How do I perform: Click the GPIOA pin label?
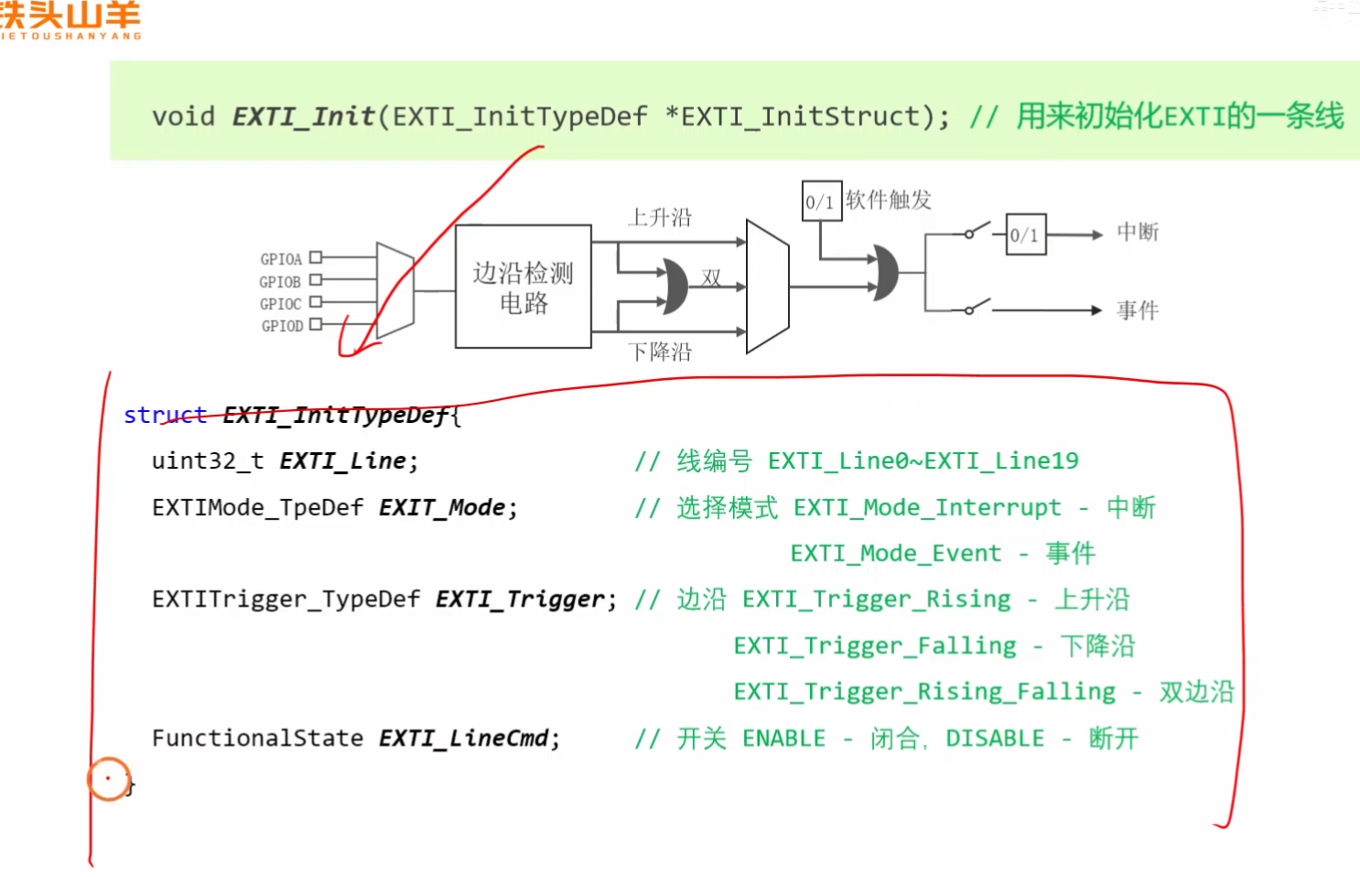coord(281,259)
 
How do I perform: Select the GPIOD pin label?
coord(282,326)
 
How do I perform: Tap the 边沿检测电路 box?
coord(523,287)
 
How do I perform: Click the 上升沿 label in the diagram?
coord(660,218)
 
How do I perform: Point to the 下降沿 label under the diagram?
coord(660,352)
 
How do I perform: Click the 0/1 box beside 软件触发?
coord(820,201)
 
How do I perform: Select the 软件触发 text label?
coord(888,200)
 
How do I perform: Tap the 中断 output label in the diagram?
coord(1138,233)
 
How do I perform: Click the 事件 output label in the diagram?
coord(1138,310)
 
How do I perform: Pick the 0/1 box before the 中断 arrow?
coord(1025,235)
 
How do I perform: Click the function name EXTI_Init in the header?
coord(303,117)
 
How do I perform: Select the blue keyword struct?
coord(165,415)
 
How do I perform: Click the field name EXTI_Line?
coord(342,460)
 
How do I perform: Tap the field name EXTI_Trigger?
coord(519,600)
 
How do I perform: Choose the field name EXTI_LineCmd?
coord(463,738)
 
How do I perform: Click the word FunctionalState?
coord(257,738)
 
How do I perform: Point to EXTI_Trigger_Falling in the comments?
coord(875,646)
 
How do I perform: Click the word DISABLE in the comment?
coord(995,738)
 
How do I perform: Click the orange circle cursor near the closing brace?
coord(109,779)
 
